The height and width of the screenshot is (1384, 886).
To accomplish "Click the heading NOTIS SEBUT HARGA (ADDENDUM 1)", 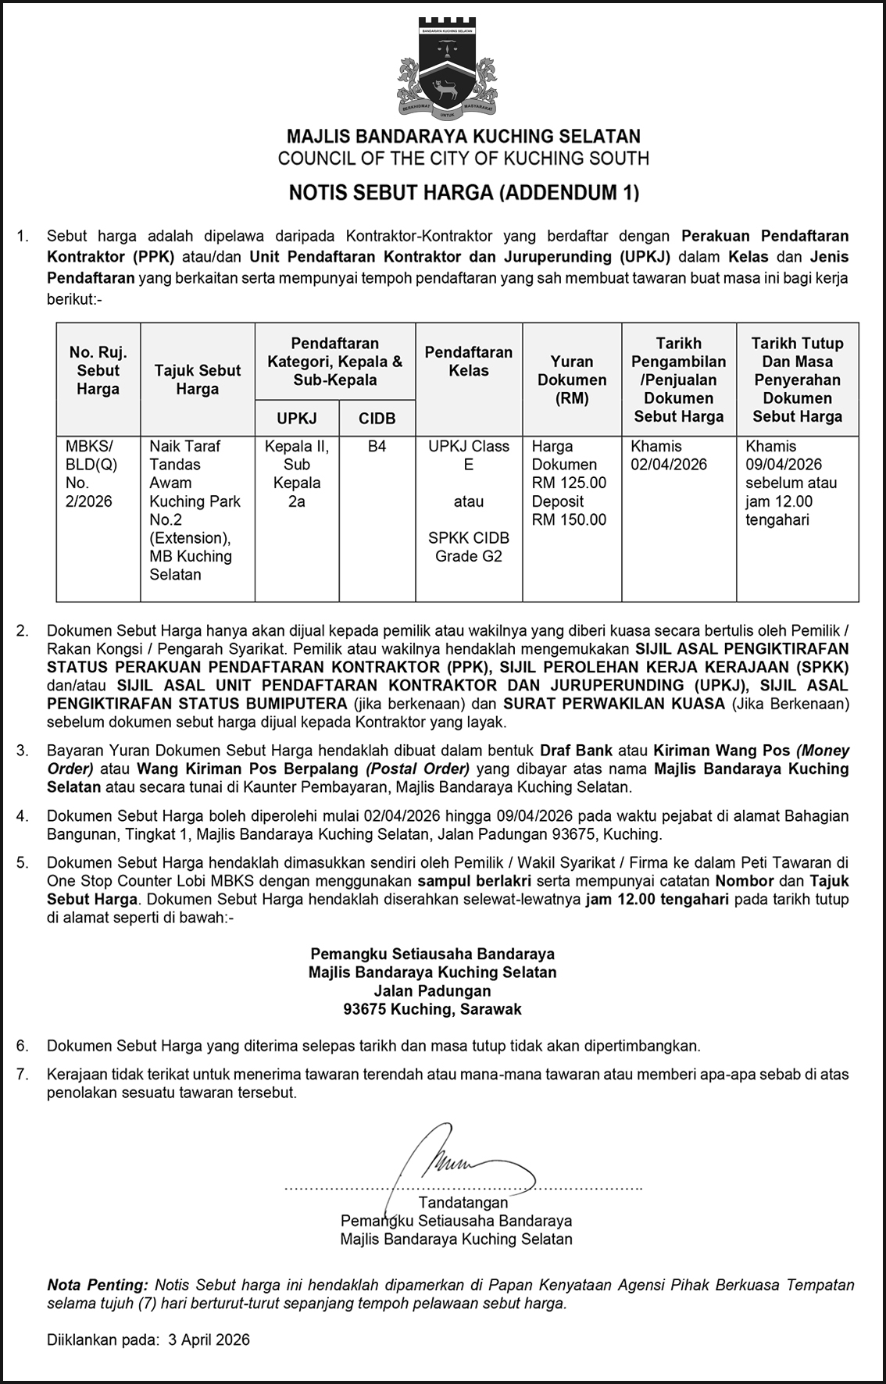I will [464, 192].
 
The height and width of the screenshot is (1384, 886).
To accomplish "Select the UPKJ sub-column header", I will [297, 419].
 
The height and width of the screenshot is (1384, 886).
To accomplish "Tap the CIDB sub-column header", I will [377, 419].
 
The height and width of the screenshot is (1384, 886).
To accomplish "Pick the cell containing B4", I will [377, 447].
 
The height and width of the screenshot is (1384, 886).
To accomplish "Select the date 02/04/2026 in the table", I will [670, 465].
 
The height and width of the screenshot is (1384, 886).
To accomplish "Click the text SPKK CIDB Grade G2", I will [469, 547].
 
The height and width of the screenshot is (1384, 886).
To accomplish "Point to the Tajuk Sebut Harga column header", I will [198, 380].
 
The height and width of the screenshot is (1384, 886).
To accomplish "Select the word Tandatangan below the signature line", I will [463, 1203].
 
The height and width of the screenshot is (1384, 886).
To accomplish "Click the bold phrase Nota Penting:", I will [98, 1285].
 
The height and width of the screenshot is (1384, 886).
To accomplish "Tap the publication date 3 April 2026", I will [209, 1339].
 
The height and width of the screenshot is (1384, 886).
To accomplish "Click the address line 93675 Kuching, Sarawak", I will [432, 1009].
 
